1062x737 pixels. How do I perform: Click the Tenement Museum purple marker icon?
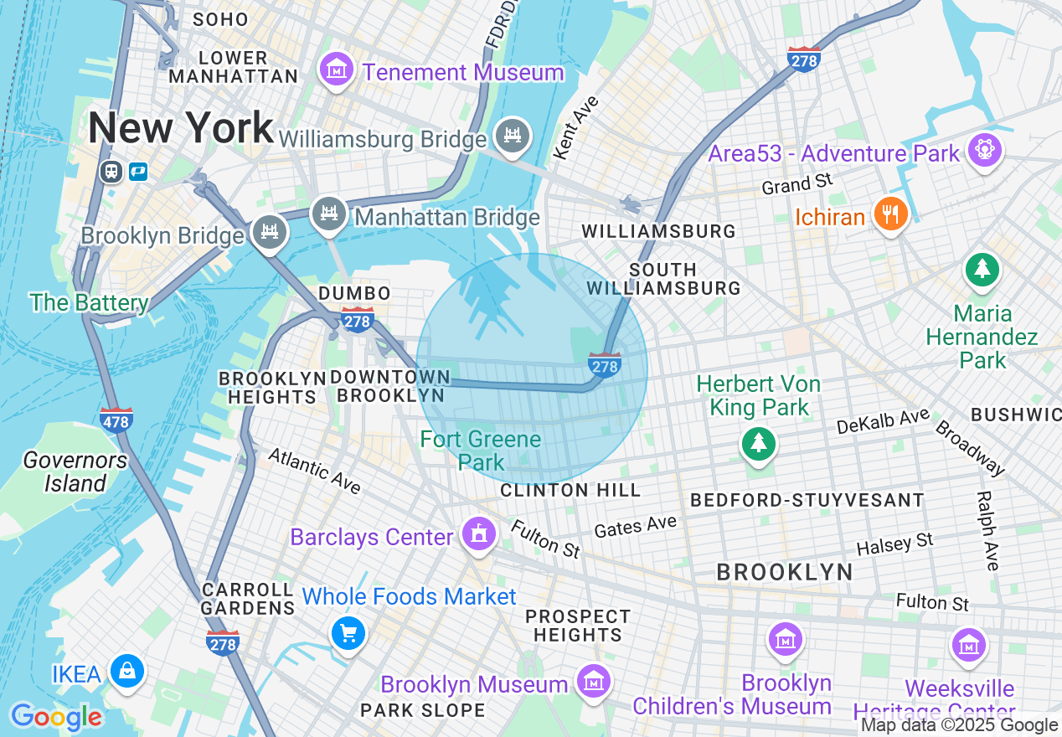[x=337, y=70]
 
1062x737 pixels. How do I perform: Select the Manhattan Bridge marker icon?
[x=329, y=214]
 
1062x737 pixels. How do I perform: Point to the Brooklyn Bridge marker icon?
[x=269, y=233]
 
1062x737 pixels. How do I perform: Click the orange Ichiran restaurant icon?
[x=890, y=214]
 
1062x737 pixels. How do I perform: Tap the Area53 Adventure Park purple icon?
[x=984, y=151]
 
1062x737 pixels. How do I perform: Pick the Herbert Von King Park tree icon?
[x=759, y=442]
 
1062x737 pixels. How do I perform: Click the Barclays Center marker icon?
[x=478, y=533]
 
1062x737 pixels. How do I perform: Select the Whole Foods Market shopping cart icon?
[x=348, y=633]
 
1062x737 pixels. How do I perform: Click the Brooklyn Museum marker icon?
[x=593, y=681]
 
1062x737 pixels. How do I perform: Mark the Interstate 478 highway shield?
[x=116, y=419]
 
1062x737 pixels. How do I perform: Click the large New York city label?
[x=181, y=128]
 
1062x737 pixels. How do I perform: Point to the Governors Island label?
[x=75, y=472]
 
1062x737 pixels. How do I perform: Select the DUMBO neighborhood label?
[x=354, y=293]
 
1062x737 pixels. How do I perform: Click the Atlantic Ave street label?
[x=313, y=471]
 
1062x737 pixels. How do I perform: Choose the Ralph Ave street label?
[x=987, y=530]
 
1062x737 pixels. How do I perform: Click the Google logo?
[x=56, y=717]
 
